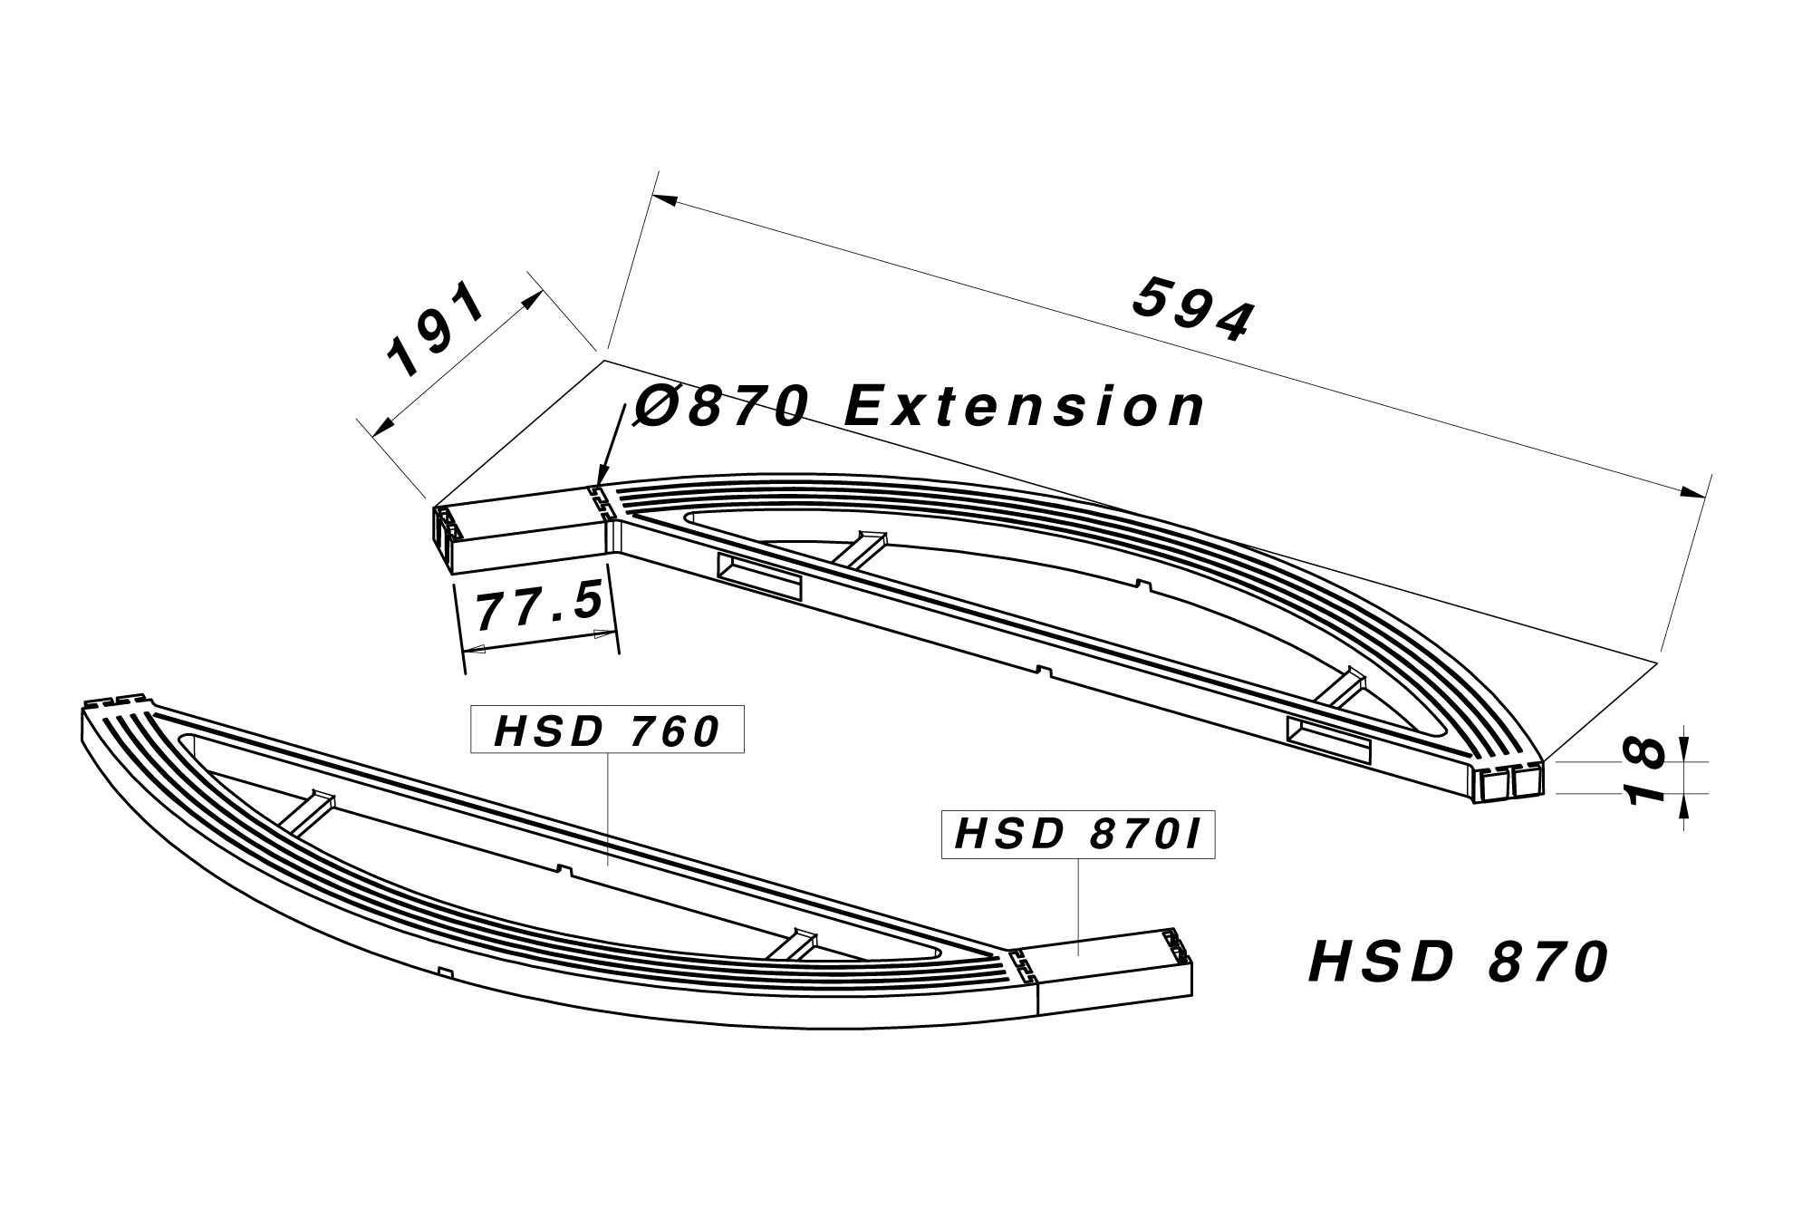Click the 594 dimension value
[1194, 311]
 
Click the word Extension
[1025, 407]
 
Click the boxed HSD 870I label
[1078, 835]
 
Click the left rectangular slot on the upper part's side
[759, 577]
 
